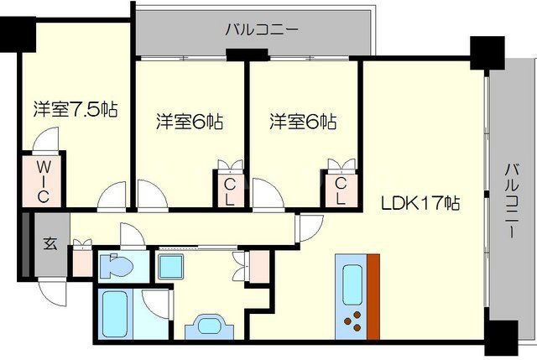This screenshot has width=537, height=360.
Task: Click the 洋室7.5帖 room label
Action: [x=76, y=109]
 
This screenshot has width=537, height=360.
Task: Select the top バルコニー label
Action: [x=261, y=31]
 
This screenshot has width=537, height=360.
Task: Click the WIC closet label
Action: [x=43, y=181]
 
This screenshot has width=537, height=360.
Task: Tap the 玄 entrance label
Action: [x=50, y=244]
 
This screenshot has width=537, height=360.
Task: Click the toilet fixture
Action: [x=115, y=268]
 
